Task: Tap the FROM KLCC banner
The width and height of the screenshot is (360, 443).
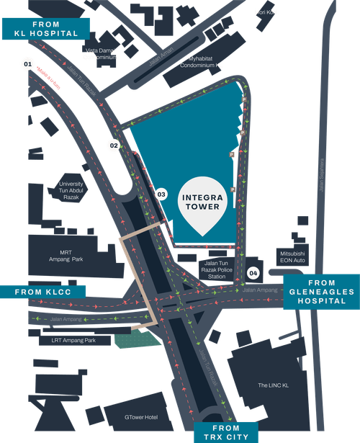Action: (x=42, y=292)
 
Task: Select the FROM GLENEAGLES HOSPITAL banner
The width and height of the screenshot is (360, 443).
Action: (x=320, y=292)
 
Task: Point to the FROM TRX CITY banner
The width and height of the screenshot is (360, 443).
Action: (x=226, y=432)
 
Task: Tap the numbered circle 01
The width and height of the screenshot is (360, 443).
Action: (x=27, y=65)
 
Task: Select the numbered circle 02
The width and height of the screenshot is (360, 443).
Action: (x=114, y=145)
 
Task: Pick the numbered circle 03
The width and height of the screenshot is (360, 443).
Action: (x=161, y=194)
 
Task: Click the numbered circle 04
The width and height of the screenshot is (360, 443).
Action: (x=253, y=273)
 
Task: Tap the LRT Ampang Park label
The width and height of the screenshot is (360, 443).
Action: (x=68, y=340)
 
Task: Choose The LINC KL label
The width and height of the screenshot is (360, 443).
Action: (x=273, y=385)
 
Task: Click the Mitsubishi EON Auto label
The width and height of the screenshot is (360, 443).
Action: (x=293, y=258)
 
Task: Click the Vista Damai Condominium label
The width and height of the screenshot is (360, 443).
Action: (x=101, y=54)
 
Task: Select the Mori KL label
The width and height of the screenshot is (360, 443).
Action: (x=266, y=12)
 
